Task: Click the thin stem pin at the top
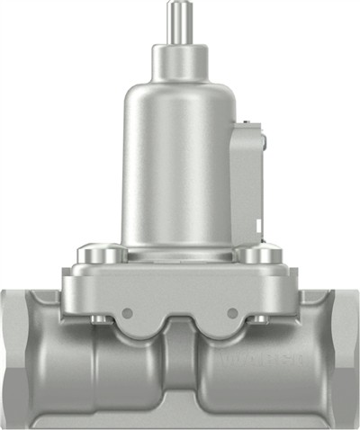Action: click(179, 20)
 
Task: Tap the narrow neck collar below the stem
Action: click(179, 60)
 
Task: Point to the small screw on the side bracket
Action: click(264, 138)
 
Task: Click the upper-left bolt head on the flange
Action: click(98, 255)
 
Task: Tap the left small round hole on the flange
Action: click(127, 313)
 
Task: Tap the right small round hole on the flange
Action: click(233, 313)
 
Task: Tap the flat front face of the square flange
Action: click(179, 292)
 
